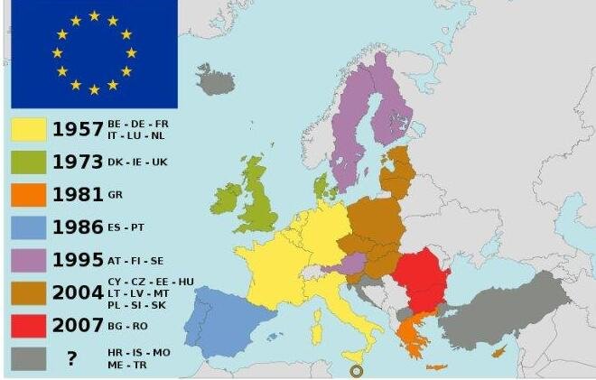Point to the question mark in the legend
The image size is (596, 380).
(70, 358)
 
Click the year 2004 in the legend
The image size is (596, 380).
(78, 292)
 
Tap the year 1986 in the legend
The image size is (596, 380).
(78, 227)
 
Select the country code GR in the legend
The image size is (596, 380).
(115, 195)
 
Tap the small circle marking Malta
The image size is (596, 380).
(355, 370)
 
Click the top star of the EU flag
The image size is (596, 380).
(94, 16)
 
